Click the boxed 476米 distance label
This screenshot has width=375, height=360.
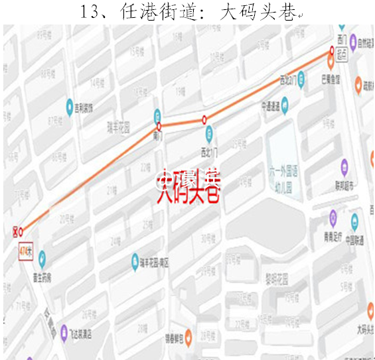click(x=27, y=252)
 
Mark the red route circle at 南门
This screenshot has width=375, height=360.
click(x=159, y=126)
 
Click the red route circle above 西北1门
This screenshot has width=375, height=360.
click(x=204, y=120)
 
